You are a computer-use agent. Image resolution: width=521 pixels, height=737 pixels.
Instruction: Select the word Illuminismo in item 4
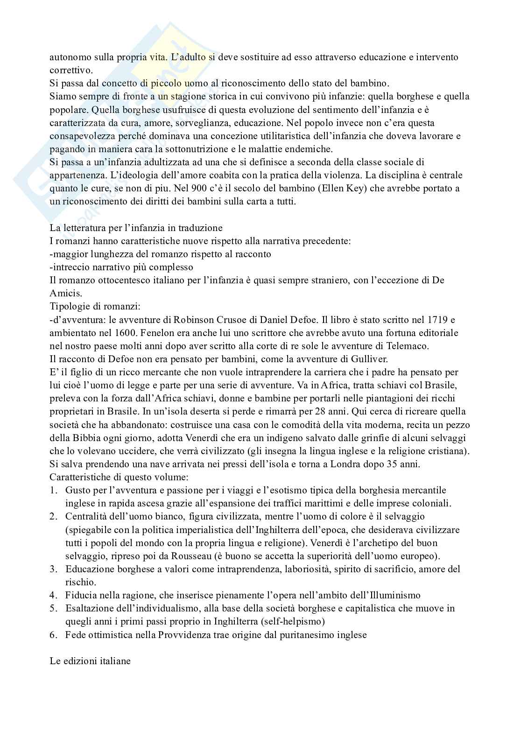tap(395, 595)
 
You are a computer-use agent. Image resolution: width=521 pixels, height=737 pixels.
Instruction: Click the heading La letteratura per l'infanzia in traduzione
tap(136, 228)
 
